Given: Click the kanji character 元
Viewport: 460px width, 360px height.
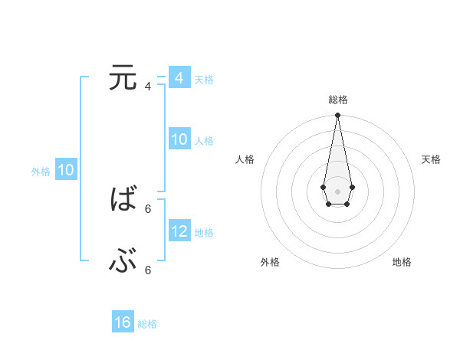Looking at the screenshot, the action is pos(123,79).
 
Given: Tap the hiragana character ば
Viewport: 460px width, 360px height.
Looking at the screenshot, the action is pos(123,201).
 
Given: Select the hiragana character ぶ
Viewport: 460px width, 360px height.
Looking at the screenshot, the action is pos(123,263).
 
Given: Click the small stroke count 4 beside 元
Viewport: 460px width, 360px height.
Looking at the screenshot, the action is pos(148,87).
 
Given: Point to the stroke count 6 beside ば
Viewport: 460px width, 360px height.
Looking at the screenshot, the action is pos(148,208).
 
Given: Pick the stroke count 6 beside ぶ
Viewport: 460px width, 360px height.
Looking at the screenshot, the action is pos(148,270).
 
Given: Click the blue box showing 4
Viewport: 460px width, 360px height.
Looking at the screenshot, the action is pos(179,78).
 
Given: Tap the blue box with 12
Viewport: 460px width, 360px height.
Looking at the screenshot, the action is pos(179,231).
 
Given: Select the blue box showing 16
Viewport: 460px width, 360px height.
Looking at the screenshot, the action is pos(123,322).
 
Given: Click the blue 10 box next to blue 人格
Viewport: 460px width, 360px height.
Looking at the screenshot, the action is pos(179,139).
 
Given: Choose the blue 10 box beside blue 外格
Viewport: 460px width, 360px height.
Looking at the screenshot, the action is pos(65,170).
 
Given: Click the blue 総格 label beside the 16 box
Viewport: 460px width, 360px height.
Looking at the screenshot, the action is pos(147,324).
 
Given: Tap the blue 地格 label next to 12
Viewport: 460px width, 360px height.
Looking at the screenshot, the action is pos(204,232).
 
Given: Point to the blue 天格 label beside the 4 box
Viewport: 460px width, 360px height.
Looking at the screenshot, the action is pos(204,79).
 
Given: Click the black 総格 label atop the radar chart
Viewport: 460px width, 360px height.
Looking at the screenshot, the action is pos(337,100).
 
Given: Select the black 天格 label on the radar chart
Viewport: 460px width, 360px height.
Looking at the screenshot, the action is pos(431,159).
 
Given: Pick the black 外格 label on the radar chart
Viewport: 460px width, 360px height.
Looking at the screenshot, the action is pos(270,262).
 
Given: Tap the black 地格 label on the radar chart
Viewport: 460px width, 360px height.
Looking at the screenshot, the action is pos(402,262).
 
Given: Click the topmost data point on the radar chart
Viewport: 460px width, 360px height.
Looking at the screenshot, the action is pos(337,116).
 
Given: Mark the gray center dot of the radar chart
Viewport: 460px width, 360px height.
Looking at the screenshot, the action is pos(337,191).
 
